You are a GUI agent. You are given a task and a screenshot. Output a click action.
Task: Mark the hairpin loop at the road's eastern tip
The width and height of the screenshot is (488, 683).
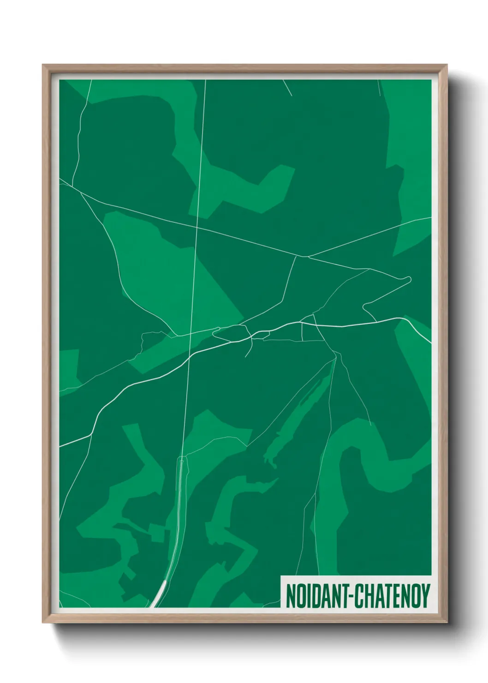408,279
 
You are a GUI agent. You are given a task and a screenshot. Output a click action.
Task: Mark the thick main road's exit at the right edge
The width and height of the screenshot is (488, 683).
430,342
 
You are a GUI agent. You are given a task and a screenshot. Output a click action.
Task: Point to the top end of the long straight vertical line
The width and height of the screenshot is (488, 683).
205,81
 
